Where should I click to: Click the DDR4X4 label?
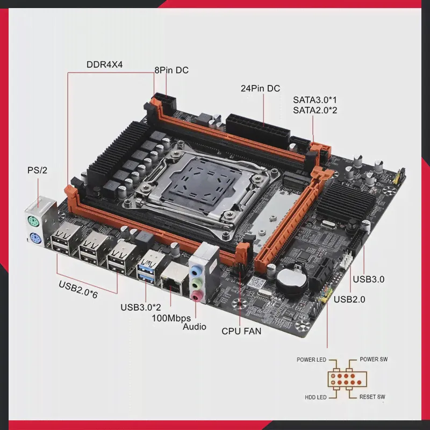tap(104, 64)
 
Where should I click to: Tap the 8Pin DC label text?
tap(171, 70)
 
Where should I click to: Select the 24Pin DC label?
tap(260, 88)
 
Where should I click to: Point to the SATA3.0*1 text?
tap(314, 99)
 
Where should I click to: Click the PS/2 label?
tap(37, 170)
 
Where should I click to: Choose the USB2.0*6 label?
tap(78, 289)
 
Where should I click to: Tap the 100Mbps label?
tap(171, 318)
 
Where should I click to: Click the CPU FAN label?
tap(241, 331)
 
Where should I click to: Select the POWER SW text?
tap(374, 359)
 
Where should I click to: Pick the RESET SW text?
tap(372, 397)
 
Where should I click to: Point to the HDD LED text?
tap(316, 397)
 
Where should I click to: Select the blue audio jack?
tap(195, 270)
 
